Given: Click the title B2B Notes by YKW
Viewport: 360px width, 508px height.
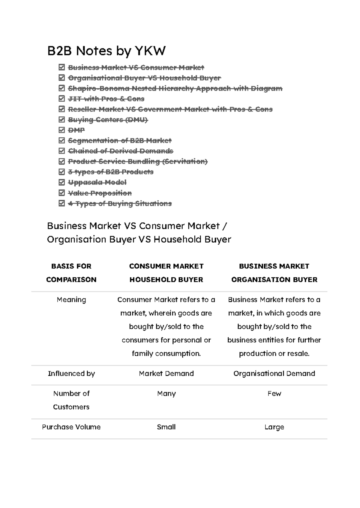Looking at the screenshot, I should (x=106, y=51).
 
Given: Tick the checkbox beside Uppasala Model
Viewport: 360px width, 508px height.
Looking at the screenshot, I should (x=62, y=182).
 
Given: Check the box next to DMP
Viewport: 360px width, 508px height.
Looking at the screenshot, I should (x=62, y=130).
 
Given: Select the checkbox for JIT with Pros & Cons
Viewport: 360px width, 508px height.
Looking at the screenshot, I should (x=62, y=99).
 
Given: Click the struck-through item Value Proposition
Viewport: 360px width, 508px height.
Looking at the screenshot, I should (x=100, y=193).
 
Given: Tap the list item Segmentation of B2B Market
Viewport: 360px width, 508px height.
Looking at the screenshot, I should (x=119, y=140).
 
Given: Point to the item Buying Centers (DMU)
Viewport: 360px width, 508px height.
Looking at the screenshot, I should (x=108, y=120).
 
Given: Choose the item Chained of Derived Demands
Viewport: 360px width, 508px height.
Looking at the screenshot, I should (x=120, y=151).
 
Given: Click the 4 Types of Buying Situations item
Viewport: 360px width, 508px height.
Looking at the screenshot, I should (x=120, y=204).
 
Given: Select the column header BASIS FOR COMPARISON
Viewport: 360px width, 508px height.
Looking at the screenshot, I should (x=71, y=273).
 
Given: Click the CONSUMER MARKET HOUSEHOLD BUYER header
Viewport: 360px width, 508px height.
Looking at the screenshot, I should (x=166, y=273).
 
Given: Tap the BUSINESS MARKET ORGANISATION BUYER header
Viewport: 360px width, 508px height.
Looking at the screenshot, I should (x=274, y=273).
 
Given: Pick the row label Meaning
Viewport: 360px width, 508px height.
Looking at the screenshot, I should (x=71, y=300).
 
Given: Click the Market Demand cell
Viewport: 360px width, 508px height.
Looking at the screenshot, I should (x=166, y=373).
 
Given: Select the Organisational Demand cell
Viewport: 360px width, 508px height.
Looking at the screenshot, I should (x=274, y=373).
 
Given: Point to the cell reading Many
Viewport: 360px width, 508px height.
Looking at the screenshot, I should (x=166, y=393).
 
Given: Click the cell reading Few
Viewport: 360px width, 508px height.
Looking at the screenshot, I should (x=274, y=393).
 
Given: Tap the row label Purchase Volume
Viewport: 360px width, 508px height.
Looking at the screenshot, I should (x=71, y=427).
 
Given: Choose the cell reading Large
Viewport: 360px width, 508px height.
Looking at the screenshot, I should (x=274, y=427).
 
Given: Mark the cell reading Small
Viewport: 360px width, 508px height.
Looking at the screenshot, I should (x=166, y=427).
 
